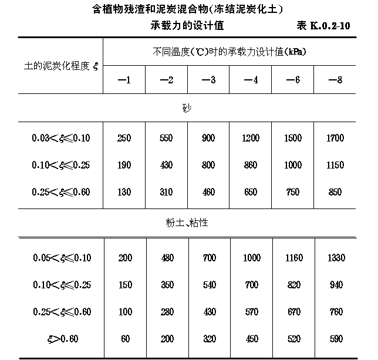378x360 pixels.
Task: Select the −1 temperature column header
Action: tap(124, 80)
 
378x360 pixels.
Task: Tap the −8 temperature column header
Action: tap(335, 80)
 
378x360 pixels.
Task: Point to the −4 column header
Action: tap(251, 80)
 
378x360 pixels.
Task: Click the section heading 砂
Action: tap(187, 108)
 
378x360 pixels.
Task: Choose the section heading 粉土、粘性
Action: tap(187, 223)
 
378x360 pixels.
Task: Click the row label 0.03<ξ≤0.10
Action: tap(61, 139)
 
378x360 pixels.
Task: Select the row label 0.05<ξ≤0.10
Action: tap(61, 258)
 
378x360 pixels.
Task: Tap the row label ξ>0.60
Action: tap(61, 339)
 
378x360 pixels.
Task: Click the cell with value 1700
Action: tap(335, 139)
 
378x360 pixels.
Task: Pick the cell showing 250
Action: tap(124, 139)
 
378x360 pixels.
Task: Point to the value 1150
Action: tap(335, 166)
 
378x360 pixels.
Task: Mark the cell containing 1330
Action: tap(335, 258)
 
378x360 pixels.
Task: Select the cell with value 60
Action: tap(124, 339)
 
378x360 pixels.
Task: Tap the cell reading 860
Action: tap(251, 166)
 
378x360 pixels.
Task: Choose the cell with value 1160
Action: tap(293, 258)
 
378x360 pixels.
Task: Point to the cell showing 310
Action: tap(166, 192)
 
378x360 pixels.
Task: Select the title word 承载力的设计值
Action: tap(186, 27)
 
